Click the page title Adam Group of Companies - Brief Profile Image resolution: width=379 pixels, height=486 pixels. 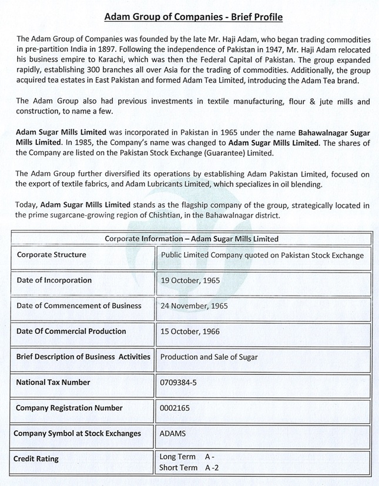(x=193, y=18)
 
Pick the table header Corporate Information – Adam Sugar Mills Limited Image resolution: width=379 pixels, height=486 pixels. (x=192, y=239)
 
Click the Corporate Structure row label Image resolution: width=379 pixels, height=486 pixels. (x=52, y=255)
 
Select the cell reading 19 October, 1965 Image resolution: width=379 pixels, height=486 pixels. (x=190, y=281)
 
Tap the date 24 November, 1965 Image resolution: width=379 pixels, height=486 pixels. (x=194, y=306)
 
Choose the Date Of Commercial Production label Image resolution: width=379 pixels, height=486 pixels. (x=71, y=331)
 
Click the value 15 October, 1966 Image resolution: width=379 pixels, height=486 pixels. (x=190, y=331)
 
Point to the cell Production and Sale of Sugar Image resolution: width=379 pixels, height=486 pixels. (x=209, y=357)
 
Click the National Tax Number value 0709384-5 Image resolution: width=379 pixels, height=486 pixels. (x=178, y=383)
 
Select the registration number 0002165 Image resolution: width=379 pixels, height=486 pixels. (x=175, y=408)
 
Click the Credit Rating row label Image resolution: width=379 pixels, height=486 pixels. (x=38, y=458)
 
